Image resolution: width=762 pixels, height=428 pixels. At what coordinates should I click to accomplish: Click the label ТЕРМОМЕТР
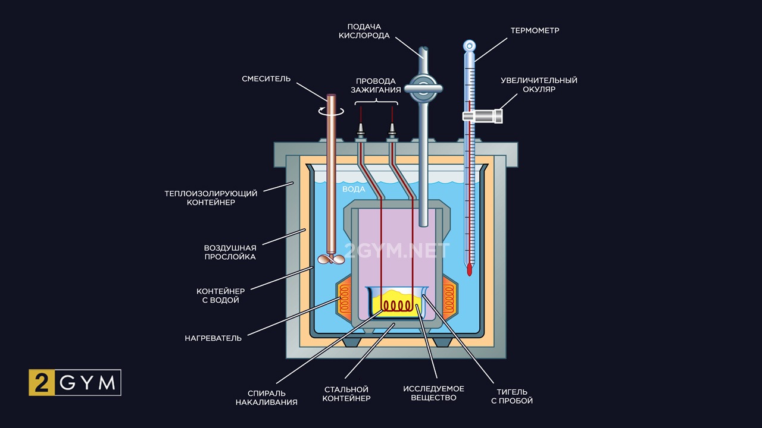[534, 30]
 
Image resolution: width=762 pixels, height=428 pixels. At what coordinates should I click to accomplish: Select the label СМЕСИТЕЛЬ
[266, 79]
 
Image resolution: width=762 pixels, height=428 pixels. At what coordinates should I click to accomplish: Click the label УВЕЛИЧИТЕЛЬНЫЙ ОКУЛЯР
[539, 84]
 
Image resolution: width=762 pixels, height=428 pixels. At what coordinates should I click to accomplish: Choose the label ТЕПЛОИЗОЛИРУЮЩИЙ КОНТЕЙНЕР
[211, 198]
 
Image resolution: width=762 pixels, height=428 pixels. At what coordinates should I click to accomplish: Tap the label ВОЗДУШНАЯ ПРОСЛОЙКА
[230, 252]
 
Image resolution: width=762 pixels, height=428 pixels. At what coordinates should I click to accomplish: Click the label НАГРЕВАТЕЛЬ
[213, 338]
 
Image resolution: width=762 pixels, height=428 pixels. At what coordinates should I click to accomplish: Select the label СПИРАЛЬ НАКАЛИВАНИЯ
[266, 398]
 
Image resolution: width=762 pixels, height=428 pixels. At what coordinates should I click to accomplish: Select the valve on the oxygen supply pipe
[423, 89]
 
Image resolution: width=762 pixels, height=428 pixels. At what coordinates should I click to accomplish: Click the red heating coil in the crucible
[398, 306]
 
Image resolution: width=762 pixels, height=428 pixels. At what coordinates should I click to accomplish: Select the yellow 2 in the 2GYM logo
[42, 383]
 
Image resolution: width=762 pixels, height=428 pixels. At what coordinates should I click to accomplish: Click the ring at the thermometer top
[470, 45]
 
